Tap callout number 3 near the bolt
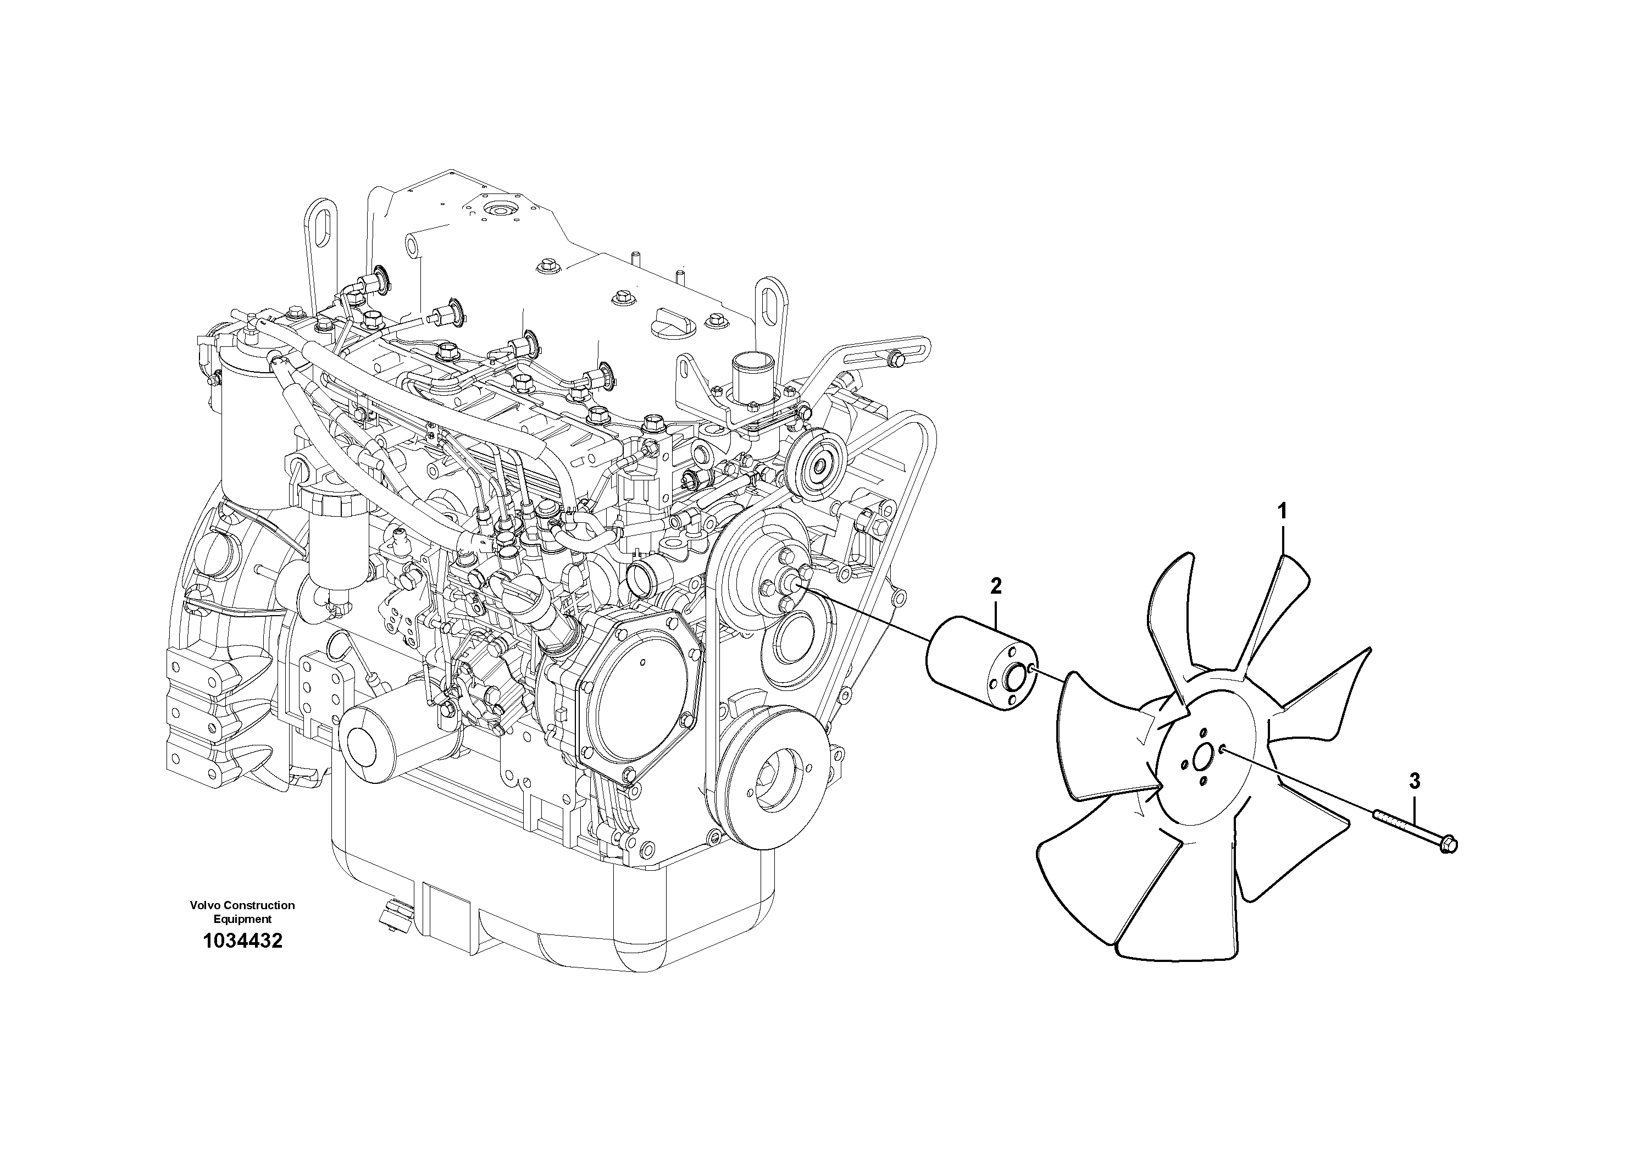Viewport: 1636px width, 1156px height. [1415, 781]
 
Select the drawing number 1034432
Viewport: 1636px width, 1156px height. [242, 941]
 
